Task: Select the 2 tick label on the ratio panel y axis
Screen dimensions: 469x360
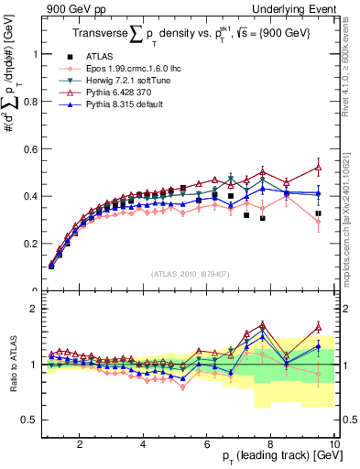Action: pyautogui.click(x=36, y=309)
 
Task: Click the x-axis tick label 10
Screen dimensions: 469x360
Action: pyautogui.click(x=333, y=444)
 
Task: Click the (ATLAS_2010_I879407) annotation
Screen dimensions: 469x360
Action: pyautogui.click(x=190, y=273)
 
